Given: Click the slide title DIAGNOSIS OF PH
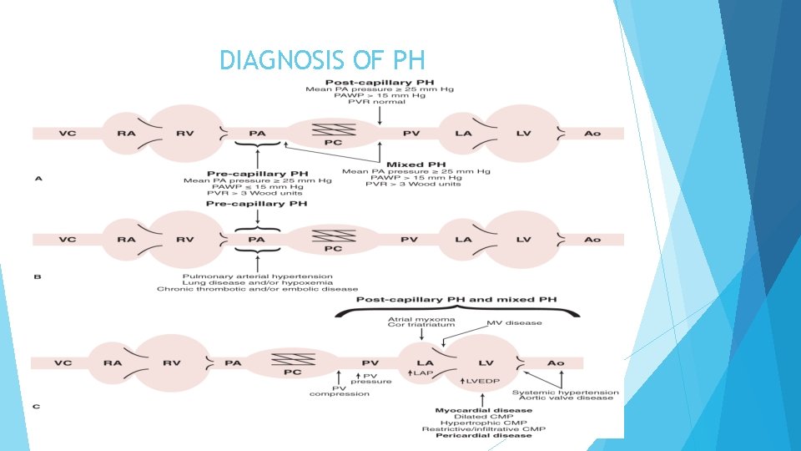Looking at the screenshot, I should click(x=322, y=60).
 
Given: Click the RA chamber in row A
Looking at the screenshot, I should click(x=126, y=133).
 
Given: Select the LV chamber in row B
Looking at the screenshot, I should click(x=523, y=240).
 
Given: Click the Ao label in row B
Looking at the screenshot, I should click(x=592, y=240).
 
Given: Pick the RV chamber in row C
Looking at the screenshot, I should click(x=172, y=363).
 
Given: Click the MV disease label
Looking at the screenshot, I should click(x=514, y=322).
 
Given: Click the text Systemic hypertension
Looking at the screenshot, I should click(x=566, y=391).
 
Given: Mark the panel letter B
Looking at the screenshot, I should click(x=36, y=276).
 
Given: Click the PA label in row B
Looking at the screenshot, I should click(x=257, y=240).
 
